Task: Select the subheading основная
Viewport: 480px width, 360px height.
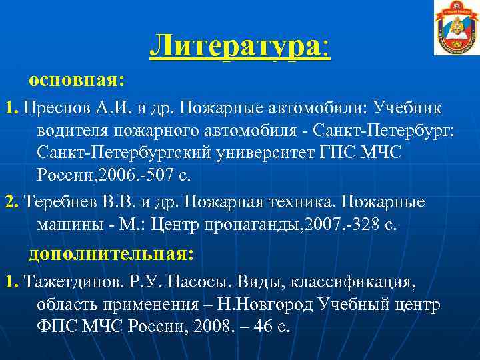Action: (76, 81)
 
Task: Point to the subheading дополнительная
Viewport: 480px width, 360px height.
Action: (111, 254)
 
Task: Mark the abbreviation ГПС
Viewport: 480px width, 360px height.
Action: (335, 153)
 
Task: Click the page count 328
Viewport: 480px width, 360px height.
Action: (368, 225)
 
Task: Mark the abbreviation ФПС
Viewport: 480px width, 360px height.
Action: (59, 329)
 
